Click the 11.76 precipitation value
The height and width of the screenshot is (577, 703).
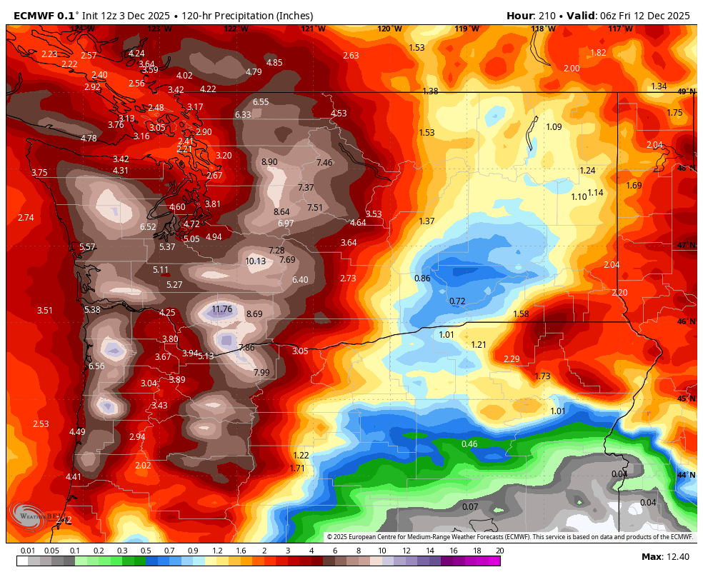(222, 309)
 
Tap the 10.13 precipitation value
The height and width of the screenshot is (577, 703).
(255, 261)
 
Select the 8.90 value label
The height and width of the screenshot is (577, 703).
(269, 162)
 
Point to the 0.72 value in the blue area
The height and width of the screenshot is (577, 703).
(457, 301)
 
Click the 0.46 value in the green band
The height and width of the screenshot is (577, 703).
(469, 444)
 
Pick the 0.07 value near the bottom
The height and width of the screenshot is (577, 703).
(470, 507)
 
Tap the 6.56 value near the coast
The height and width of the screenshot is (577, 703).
(96, 366)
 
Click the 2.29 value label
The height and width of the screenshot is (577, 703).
(512, 359)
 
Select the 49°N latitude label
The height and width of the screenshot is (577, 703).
(685, 92)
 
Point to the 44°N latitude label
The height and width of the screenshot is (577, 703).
(685, 475)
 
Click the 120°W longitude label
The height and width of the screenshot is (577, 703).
(389, 29)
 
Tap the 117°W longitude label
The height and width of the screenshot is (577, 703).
(620, 29)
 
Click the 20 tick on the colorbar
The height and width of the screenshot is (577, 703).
(499, 551)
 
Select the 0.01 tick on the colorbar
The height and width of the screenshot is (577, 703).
(28, 551)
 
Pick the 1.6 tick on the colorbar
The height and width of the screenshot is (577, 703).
(240, 551)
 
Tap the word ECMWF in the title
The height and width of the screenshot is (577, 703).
(34, 16)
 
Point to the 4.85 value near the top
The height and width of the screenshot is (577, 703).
(274, 63)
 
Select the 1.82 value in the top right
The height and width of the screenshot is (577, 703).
(598, 53)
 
